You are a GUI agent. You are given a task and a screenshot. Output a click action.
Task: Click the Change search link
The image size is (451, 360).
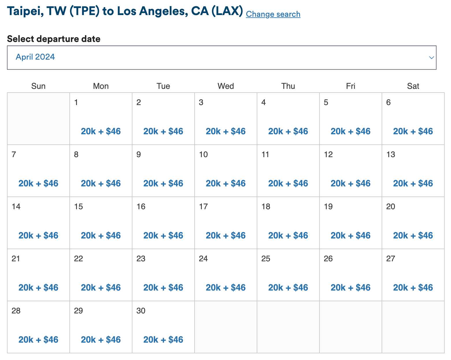(x=273, y=14)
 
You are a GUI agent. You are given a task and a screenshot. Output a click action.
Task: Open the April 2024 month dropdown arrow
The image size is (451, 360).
(x=431, y=58)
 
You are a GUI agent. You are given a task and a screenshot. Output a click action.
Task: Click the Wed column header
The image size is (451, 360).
(x=226, y=86)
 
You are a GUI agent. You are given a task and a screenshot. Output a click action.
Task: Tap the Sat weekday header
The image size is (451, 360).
(x=413, y=86)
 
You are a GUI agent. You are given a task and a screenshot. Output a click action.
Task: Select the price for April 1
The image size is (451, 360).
(x=101, y=131)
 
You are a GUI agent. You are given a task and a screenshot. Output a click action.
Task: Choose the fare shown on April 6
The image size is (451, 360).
(x=413, y=131)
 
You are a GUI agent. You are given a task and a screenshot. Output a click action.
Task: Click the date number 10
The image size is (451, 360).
(x=203, y=155)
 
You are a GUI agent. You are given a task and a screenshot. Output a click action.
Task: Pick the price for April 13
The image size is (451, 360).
(x=413, y=183)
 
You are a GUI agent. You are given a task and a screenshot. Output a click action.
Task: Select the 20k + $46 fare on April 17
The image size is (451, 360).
(x=226, y=236)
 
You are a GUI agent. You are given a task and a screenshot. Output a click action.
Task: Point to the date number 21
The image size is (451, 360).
(x=16, y=259)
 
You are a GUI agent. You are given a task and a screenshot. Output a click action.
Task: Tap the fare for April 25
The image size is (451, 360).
(x=288, y=288)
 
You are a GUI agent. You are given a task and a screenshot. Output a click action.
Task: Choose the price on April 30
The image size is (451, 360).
(x=163, y=340)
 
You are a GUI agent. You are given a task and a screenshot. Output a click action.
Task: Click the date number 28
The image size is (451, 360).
(x=16, y=311)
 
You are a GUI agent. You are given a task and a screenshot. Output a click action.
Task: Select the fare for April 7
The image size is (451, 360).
(x=38, y=183)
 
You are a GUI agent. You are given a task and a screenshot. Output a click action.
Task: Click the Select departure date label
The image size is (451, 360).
(x=54, y=39)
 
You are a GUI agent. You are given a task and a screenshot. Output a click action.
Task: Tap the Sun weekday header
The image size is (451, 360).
(x=38, y=86)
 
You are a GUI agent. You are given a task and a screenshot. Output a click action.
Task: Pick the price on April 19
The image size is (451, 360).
(x=350, y=236)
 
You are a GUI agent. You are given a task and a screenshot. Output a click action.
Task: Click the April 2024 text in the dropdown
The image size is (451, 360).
(x=35, y=57)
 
